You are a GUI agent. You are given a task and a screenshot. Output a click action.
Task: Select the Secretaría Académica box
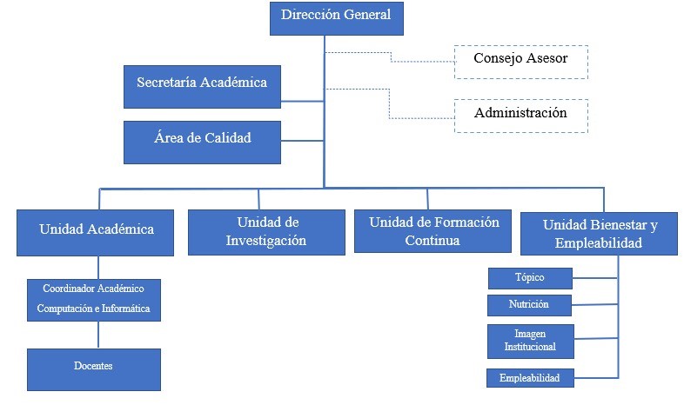coord(202,86)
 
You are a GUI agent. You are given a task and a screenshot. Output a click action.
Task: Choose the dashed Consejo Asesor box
coord(520,61)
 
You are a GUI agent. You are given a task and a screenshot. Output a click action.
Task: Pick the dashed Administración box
coord(520,116)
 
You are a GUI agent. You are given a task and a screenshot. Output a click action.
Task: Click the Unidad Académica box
coord(97,230)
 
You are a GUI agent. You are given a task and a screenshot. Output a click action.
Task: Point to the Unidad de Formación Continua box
coord(433,230)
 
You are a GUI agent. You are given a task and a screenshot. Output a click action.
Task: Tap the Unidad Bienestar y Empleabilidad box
coord(600,233)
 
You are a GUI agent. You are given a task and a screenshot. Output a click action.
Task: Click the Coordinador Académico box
coord(93,298)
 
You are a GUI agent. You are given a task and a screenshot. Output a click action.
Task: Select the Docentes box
coord(93,368)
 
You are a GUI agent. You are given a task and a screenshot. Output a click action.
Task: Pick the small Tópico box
coord(529,278)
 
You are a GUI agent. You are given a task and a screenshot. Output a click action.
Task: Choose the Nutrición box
coord(529,305)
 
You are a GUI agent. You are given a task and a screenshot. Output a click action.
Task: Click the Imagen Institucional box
coord(530,341)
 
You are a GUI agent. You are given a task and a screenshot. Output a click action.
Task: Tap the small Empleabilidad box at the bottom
coord(529,377)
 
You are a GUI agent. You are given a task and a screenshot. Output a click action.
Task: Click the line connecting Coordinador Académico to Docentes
coord(97,335)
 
